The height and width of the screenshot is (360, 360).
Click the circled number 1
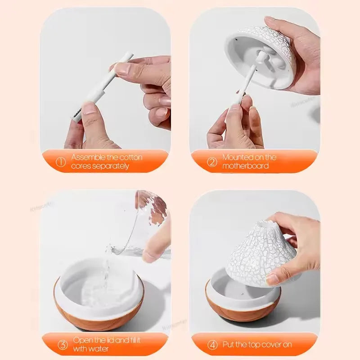click(x=61, y=162)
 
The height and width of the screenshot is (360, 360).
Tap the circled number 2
click(x=212, y=162)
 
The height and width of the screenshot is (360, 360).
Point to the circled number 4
click(x=212, y=345)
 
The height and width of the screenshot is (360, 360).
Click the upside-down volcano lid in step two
click(x=261, y=54)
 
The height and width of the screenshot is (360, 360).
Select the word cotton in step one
click(x=131, y=157)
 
